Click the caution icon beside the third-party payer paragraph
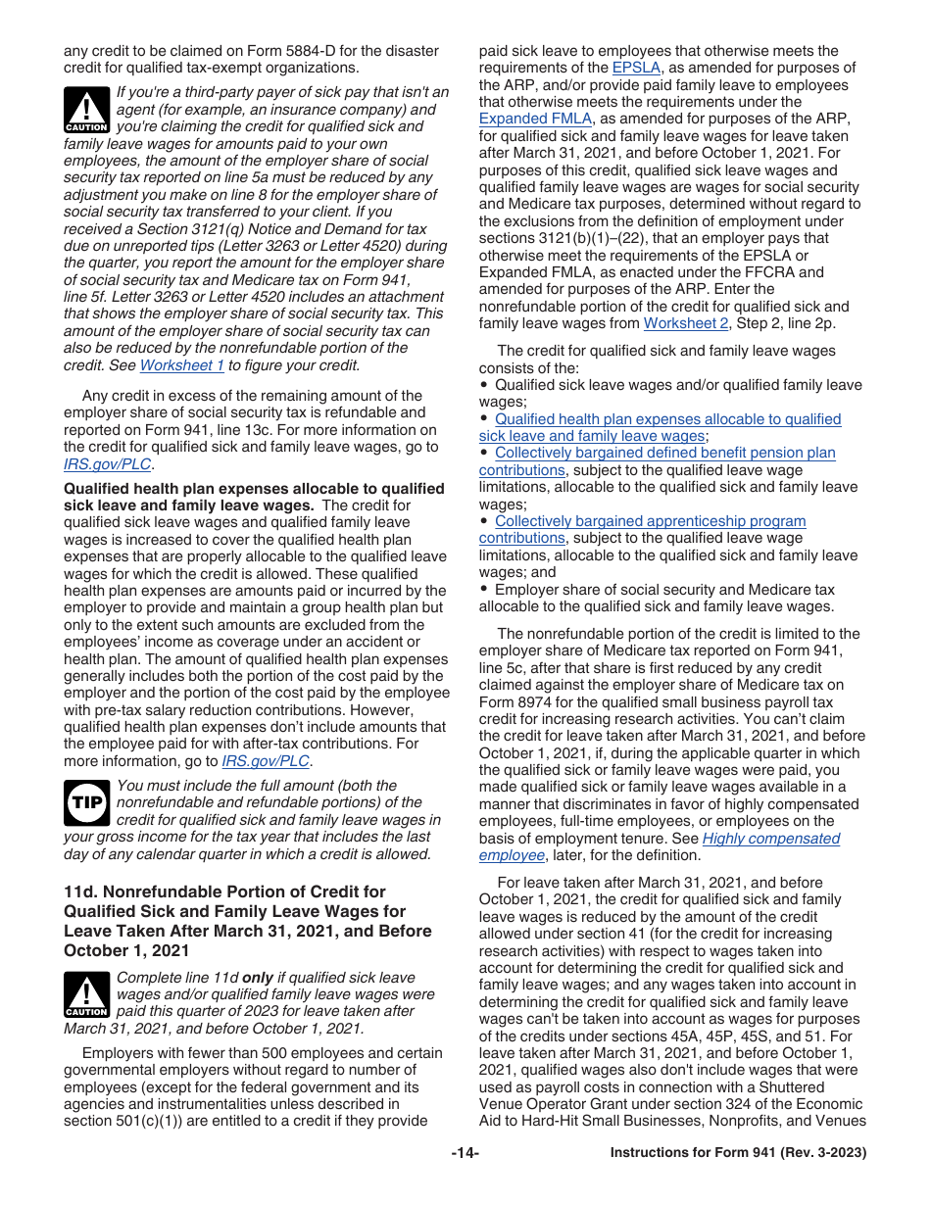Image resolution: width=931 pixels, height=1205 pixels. pyautogui.click(x=86, y=109)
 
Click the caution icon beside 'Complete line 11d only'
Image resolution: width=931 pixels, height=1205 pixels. pyautogui.click(x=86, y=994)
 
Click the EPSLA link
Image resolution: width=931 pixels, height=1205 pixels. pyautogui.click(x=637, y=68)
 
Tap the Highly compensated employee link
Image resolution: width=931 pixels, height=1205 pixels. pyautogui.click(x=770, y=839)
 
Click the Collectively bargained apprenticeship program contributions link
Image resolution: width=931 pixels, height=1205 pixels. pyautogui.click(x=650, y=521)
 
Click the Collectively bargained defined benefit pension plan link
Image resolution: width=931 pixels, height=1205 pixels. pyautogui.click(x=664, y=453)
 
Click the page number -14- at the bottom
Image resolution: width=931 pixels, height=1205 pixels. pyautogui.click(x=465, y=1153)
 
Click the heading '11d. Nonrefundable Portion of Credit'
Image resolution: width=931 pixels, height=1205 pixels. pyautogui.click(x=225, y=892)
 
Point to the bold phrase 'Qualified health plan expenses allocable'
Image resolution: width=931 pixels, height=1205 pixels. pyautogui.click(x=253, y=488)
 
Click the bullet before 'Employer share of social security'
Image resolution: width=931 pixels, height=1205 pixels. pyautogui.click(x=484, y=590)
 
